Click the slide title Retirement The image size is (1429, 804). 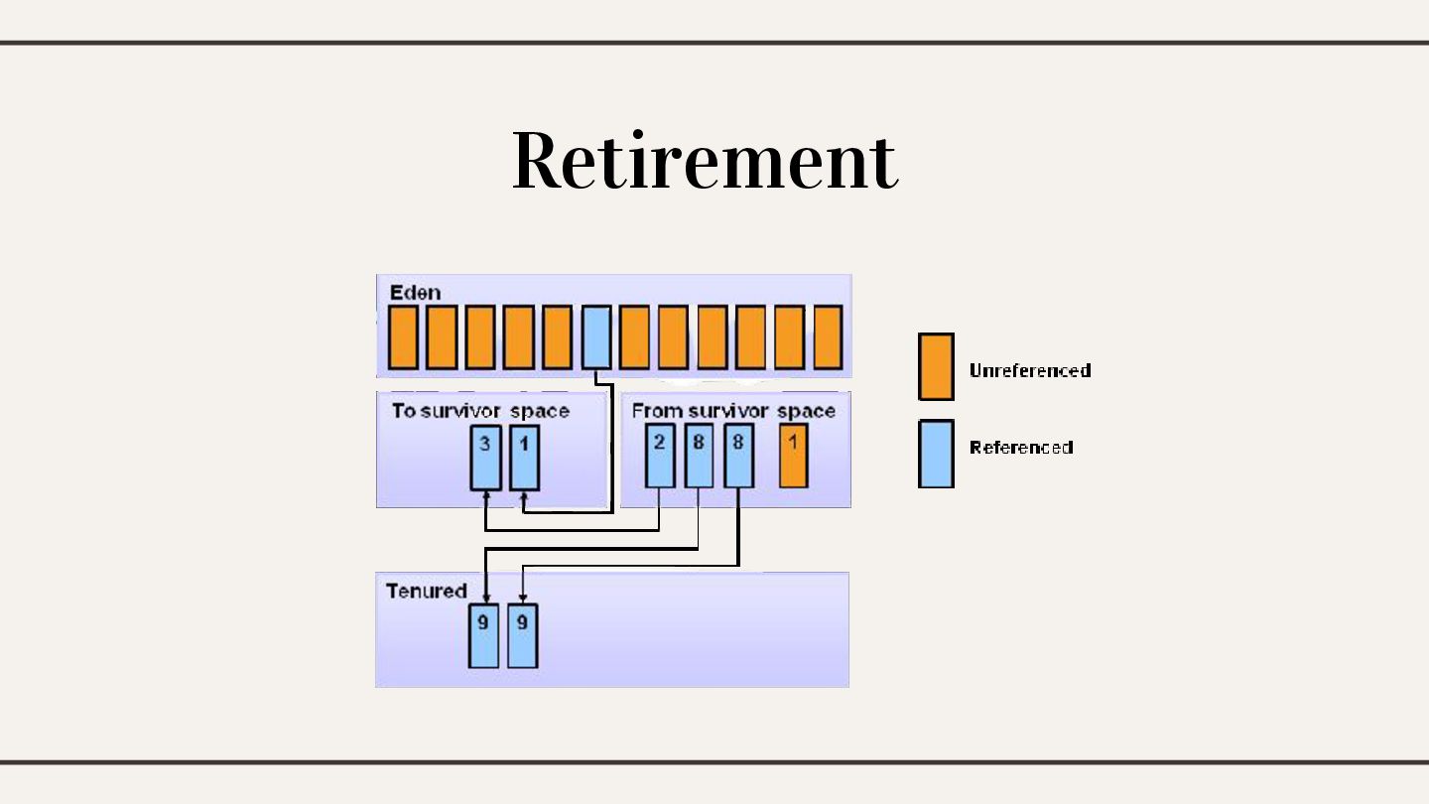(705, 161)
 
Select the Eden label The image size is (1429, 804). (415, 292)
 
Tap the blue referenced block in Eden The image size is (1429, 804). (595, 337)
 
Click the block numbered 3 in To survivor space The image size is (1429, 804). (485, 458)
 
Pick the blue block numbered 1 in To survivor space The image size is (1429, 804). (524, 458)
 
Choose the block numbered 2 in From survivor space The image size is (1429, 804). (660, 456)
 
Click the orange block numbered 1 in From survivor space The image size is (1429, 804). (793, 456)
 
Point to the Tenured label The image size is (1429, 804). (426, 591)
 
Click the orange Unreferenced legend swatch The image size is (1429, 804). (936, 366)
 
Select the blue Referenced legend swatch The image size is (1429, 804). (936, 454)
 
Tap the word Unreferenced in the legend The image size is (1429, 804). (1030, 370)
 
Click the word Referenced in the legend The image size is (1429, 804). (1021, 448)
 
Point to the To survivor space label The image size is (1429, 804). (480, 411)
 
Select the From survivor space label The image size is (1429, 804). (733, 410)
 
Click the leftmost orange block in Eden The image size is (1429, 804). (402, 337)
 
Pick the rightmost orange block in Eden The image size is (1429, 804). (828, 337)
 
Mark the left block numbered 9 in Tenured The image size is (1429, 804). (483, 635)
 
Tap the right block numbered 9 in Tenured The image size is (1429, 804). (522, 635)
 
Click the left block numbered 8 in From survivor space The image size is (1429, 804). (699, 456)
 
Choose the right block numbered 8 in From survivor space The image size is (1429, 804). (738, 456)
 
